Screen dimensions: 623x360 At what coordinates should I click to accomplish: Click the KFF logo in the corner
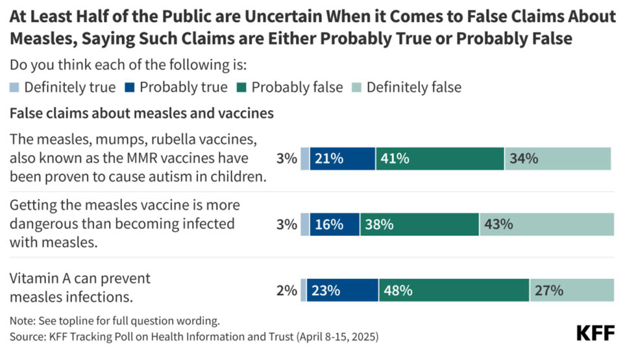click(x=595, y=333)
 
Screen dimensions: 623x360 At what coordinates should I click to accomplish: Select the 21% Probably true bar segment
click(x=343, y=158)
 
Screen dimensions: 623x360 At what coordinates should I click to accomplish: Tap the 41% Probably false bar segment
click(x=440, y=158)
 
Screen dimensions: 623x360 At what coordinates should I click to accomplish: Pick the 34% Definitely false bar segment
click(x=558, y=158)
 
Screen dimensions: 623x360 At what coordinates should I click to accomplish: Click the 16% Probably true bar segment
click(x=335, y=224)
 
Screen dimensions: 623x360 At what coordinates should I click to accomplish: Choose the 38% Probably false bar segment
click(x=420, y=224)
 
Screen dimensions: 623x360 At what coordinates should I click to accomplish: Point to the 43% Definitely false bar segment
click(x=546, y=224)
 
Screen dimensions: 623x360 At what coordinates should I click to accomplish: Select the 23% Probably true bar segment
click(x=343, y=290)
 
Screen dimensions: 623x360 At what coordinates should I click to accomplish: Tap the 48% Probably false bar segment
click(x=454, y=290)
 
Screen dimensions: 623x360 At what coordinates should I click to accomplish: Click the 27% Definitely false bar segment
click(x=572, y=290)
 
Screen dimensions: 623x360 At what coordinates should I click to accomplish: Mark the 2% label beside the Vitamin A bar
click(x=286, y=291)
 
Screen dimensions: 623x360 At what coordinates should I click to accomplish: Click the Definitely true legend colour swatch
click(x=14, y=88)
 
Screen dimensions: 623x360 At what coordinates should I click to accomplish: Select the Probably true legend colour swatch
click(x=130, y=88)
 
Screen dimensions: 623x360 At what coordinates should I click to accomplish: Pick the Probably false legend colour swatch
click(x=241, y=88)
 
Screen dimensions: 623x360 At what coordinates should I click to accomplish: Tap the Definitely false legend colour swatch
click(x=357, y=88)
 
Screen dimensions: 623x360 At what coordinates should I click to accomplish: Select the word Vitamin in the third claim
click(x=34, y=278)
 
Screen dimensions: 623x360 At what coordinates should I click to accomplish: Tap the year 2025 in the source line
click(x=362, y=337)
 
